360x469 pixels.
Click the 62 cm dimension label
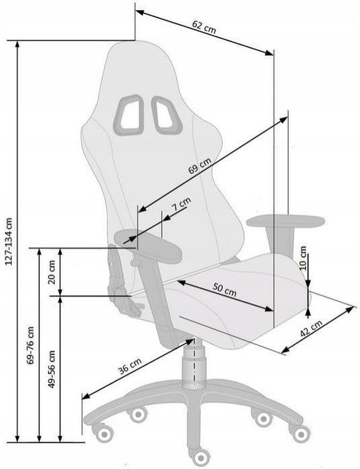tap(204, 28)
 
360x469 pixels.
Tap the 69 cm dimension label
tap(200, 166)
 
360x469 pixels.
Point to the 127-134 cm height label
tap(9, 241)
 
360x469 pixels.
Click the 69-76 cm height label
tap(30, 345)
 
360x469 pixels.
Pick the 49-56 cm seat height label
tap(52, 369)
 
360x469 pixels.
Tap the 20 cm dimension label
tap(52, 272)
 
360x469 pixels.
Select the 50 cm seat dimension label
tap(224, 289)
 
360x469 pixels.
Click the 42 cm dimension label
tap(311, 329)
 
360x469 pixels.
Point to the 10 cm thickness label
tap(303, 258)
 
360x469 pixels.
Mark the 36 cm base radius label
tap(129, 366)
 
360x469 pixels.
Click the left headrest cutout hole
tap(129, 115)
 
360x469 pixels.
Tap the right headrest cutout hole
tap(167, 115)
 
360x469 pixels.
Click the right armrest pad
tap(285, 221)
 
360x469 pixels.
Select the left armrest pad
tap(148, 246)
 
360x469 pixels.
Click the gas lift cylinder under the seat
tap(194, 364)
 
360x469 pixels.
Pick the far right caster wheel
tap(301, 433)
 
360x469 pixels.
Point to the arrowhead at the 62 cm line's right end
tap(270, 53)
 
